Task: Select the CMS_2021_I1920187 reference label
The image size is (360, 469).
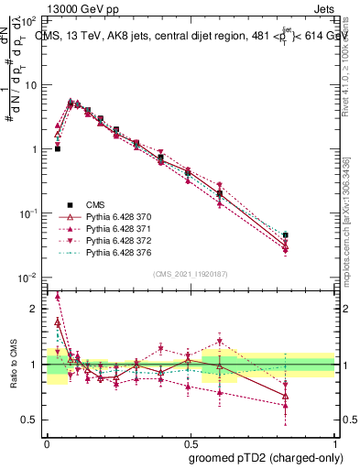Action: point(191,273)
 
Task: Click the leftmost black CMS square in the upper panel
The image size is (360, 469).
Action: point(58,147)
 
